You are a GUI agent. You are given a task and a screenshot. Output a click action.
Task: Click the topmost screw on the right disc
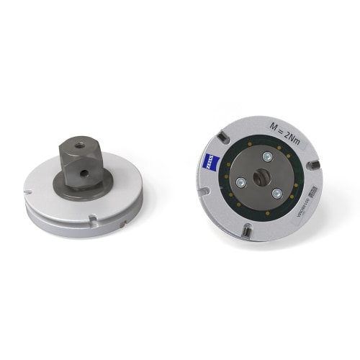coord(266,157)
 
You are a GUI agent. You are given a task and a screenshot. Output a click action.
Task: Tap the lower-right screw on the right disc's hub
coord(276,192)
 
